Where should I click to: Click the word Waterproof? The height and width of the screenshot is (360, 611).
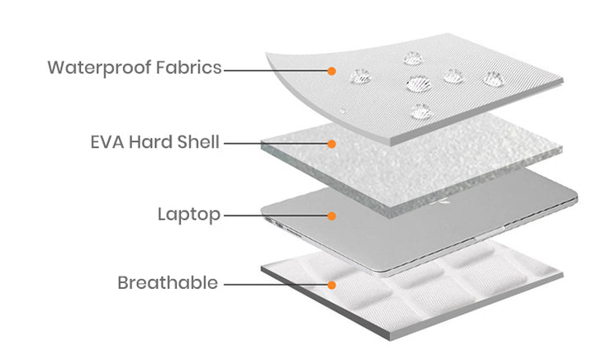click(100, 68)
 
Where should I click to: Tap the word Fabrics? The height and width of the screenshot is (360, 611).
click(188, 67)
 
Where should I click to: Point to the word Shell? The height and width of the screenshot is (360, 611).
click(198, 142)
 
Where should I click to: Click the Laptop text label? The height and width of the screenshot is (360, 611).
click(189, 215)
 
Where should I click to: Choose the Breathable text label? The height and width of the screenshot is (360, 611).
click(168, 283)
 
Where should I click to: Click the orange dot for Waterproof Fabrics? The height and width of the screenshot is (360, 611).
click(332, 71)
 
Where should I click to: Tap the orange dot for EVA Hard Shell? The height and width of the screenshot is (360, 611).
click(332, 144)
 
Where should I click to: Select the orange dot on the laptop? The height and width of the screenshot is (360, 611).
click(332, 216)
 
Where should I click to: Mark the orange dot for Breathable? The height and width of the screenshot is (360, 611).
click(332, 285)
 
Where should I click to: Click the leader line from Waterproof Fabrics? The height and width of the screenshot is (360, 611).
click(276, 70)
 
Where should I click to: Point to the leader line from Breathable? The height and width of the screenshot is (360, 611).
click(276, 285)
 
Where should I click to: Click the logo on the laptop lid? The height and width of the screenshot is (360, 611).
click(443, 201)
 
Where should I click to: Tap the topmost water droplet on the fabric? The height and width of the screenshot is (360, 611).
click(413, 59)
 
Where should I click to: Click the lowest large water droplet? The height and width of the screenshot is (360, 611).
click(421, 111)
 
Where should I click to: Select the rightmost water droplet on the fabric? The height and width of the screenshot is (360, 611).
click(494, 79)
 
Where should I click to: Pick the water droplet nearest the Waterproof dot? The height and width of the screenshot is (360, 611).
click(361, 76)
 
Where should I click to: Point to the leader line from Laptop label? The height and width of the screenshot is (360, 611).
click(276, 216)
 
